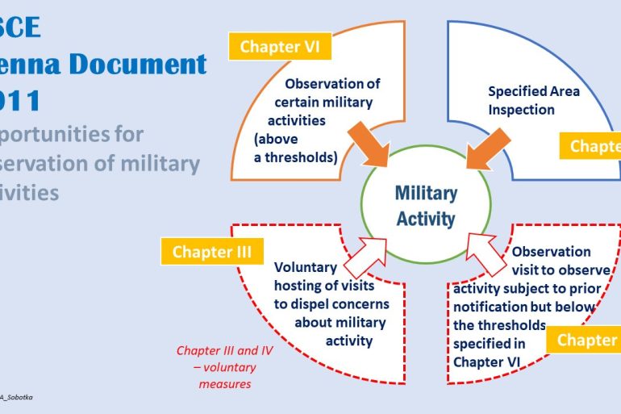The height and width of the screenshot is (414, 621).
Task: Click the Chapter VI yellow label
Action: (x=275, y=47)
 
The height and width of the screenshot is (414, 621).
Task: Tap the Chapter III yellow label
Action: (x=212, y=252)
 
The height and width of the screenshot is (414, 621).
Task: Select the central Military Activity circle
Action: (x=425, y=205)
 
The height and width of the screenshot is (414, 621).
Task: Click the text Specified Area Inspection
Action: (x=533, y=100)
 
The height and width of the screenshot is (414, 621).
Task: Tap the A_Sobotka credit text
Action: (x=16, y=398)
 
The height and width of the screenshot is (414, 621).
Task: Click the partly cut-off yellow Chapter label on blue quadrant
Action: (x=595, y=146)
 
